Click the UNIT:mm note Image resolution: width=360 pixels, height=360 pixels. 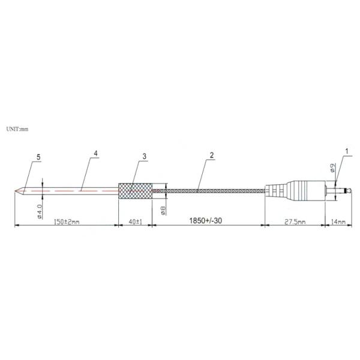point(17,129)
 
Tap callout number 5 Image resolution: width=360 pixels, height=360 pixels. point(38,157)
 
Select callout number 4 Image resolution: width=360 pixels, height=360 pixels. point(96,153)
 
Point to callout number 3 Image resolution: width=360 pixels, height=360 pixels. point(144,157)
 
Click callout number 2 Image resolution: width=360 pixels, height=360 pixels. point(211,155)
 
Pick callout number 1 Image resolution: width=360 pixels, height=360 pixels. point(347,151)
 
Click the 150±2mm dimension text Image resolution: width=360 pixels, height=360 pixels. point(67,222)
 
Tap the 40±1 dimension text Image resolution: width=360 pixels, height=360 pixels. point(136,222)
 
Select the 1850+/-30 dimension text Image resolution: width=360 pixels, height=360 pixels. point(205,221)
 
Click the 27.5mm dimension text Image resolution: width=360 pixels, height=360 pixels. point(295,222)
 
